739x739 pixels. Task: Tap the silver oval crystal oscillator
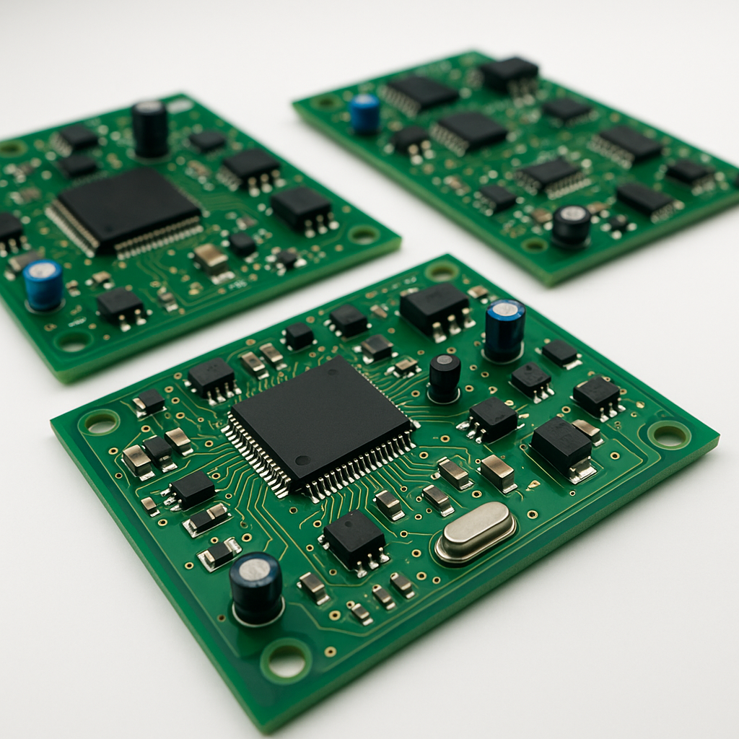pyautogui.click(x=476, y=532)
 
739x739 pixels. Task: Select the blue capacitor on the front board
pyautogui.click(x=504, y=328)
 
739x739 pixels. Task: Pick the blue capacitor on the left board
pyautogui.click(x=43, y=284)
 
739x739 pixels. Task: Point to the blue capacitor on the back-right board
pyautogui.click(x=365, y=113)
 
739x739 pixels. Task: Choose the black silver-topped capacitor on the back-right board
pyautogui.click(x=572, y=225)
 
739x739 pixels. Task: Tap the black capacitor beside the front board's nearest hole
pyautogui.click(x=256, y=587)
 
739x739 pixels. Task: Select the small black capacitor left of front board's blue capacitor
pyautogui.click(x=445, y=377)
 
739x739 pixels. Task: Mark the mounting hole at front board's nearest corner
pyautogui.click(x=287, y=660)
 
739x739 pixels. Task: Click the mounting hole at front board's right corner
pyautogui.click(x=669, y=434)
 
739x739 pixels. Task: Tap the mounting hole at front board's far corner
pyautogui.click(x=441, y=271)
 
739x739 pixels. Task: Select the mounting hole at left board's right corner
pyautogui.click(x=363, y=235)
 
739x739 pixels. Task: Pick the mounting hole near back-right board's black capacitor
pyautogui.click(x=535, y=245)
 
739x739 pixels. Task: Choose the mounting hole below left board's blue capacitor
pyautogui.click(x=74, y=341)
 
